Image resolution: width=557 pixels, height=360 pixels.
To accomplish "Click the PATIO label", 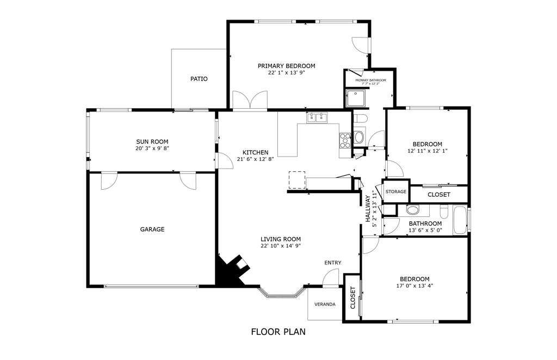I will tap(199, 79).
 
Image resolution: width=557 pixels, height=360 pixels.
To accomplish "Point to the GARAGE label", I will tap(152, 229).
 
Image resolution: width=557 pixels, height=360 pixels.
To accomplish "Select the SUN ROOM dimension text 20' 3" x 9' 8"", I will tap(152, 148).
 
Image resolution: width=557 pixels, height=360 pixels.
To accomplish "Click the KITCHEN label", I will tap(255, 152).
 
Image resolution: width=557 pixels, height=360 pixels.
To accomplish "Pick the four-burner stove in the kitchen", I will tap(345, 141).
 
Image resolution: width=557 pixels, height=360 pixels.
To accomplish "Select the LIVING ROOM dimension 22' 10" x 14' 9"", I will tap(280, 246).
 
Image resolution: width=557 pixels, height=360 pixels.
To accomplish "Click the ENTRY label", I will tap(333, 263).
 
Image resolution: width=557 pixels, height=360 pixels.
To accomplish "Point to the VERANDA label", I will tap(324, 304).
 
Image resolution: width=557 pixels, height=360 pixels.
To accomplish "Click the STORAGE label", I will tap(396, 192).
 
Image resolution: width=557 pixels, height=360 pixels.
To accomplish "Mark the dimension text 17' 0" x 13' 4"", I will tap(414, 285).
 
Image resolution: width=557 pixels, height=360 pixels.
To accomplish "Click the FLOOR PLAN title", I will tap(278, 331).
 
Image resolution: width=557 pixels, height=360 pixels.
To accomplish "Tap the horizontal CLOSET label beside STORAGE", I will tap(438, 194).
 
